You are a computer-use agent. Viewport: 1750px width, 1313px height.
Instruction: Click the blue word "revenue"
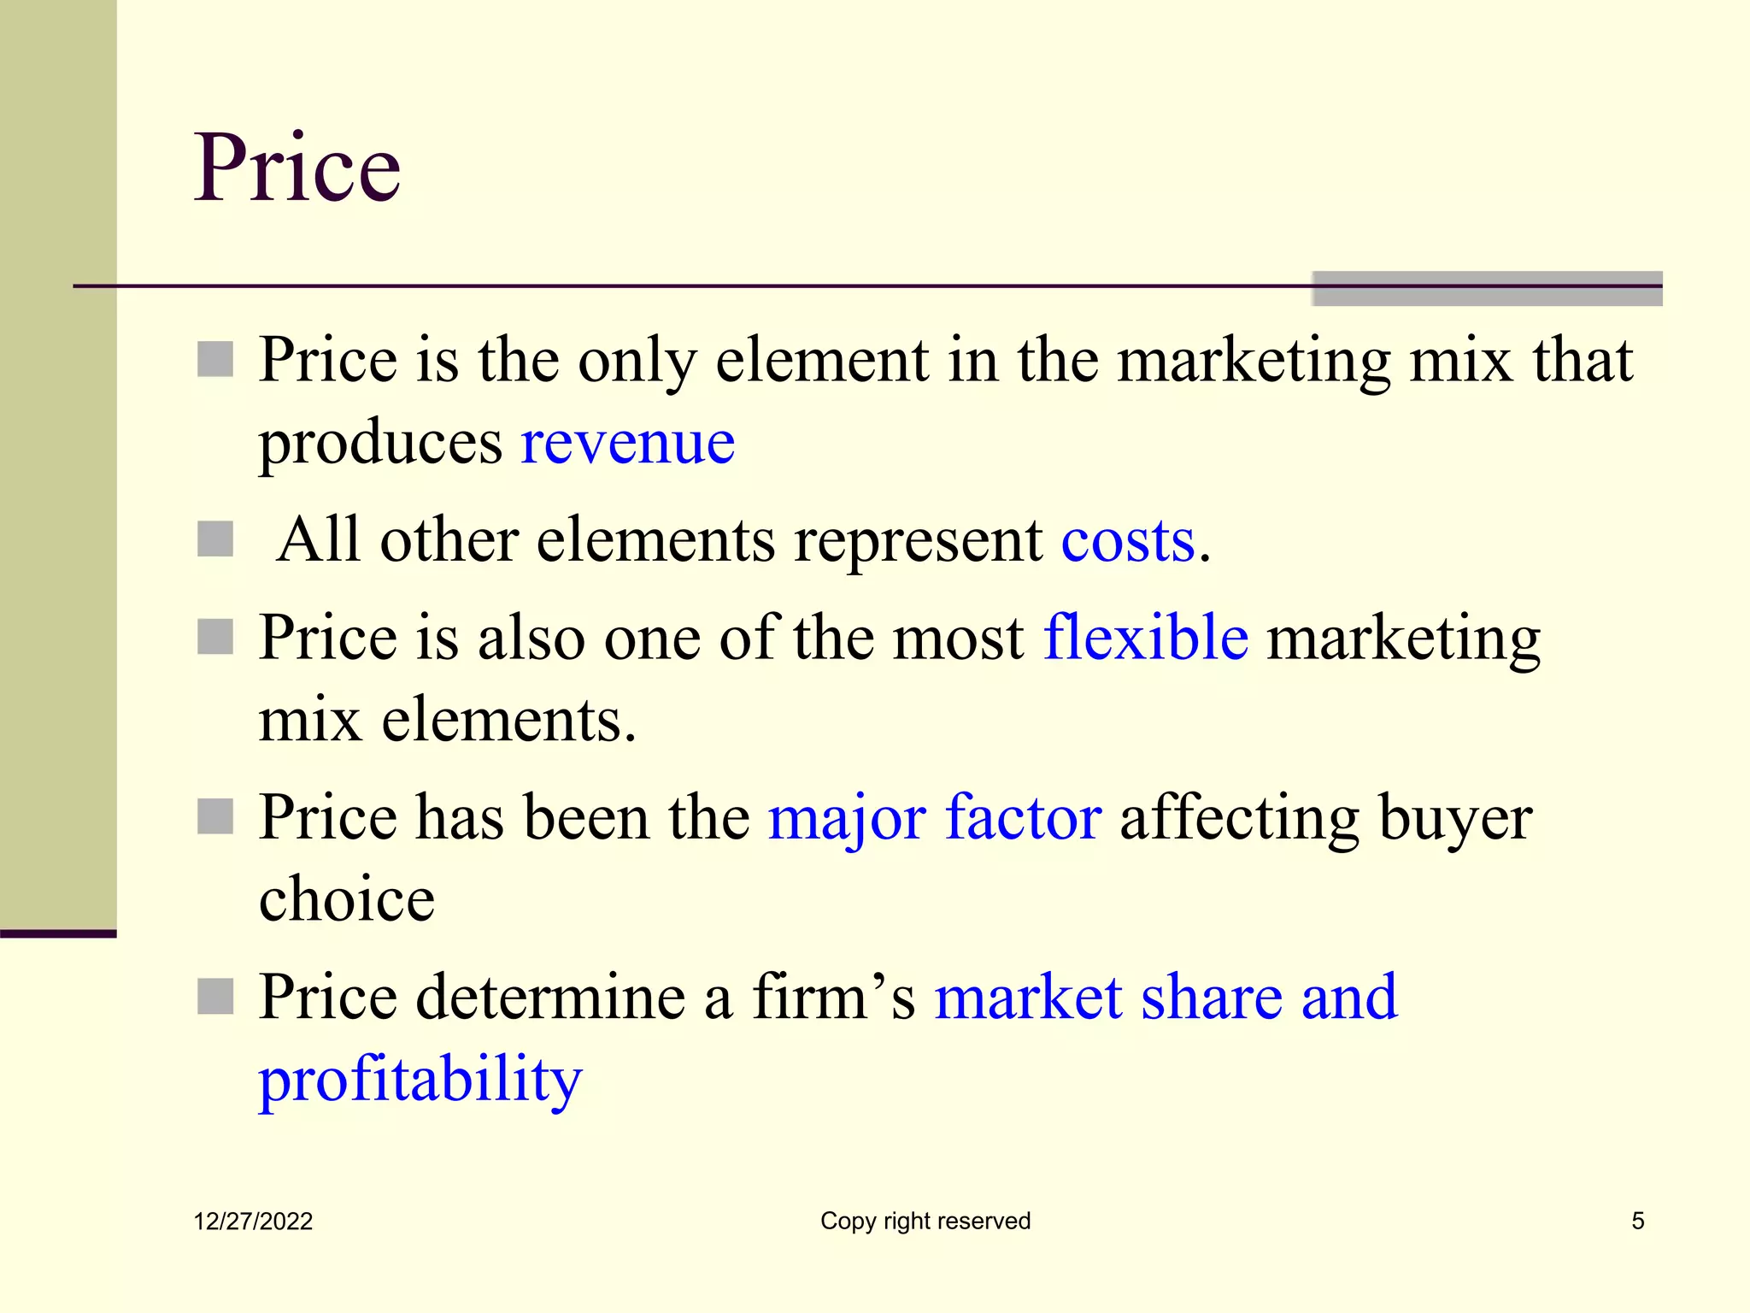coord(628,444)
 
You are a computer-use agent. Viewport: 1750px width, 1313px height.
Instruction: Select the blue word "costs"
coord(1128,541)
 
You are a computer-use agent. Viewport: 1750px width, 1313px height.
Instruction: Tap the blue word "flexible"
coord(1146,637)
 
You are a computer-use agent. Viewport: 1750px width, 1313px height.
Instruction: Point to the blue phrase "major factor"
coord(935,818)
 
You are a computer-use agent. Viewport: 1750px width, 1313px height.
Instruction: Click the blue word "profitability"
coord(420,1080)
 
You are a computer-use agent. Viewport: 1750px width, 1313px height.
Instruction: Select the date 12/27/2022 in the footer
coord(253,1222)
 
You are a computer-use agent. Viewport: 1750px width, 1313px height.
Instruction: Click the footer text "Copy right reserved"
coord(925,1221)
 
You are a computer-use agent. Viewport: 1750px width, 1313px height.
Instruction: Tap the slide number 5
coord(1637,1221)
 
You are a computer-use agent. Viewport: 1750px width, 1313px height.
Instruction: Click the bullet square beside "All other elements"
coord(215,539)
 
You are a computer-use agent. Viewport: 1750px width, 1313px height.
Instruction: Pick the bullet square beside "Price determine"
coord(215,997)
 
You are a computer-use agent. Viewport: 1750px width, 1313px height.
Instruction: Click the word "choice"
coord(347,899)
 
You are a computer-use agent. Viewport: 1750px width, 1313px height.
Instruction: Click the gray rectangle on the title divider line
coord(1487,288)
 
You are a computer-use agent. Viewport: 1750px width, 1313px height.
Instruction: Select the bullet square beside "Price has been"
coord(215,816)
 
